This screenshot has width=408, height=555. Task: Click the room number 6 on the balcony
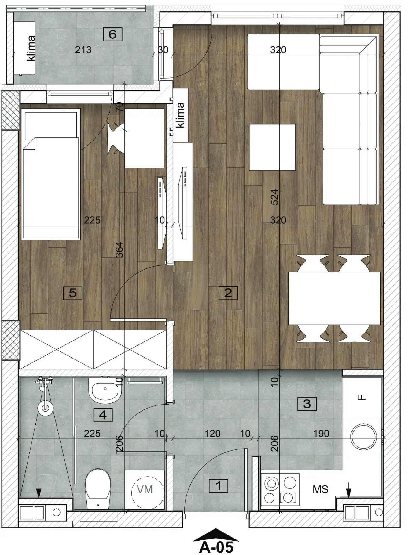[x=112, y=34]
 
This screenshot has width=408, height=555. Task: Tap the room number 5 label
[x=72, y=293]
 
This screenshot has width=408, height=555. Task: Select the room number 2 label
[x=228, y=293]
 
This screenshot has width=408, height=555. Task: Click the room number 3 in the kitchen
[x=307, y=404]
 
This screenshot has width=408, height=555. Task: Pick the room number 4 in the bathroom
[x=103, y=415]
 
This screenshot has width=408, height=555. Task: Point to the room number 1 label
[x=218, y=486]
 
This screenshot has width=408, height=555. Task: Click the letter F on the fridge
[x=362, y=397]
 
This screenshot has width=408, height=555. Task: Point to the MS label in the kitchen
[x=320, y=489]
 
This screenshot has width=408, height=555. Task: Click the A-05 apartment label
[x=216, y=547]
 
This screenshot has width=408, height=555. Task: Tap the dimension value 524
[x=275, y=197]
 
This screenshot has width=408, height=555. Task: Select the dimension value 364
[x=119, y=250]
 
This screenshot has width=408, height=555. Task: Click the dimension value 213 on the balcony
[x=83, y=50]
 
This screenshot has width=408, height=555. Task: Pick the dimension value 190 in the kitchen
[x=321, y=433]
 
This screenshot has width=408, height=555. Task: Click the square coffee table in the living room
[x=272, y=147]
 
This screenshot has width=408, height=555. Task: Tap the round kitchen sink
[x=363, y=437]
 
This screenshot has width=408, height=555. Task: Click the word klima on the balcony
[x=31, y=48]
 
